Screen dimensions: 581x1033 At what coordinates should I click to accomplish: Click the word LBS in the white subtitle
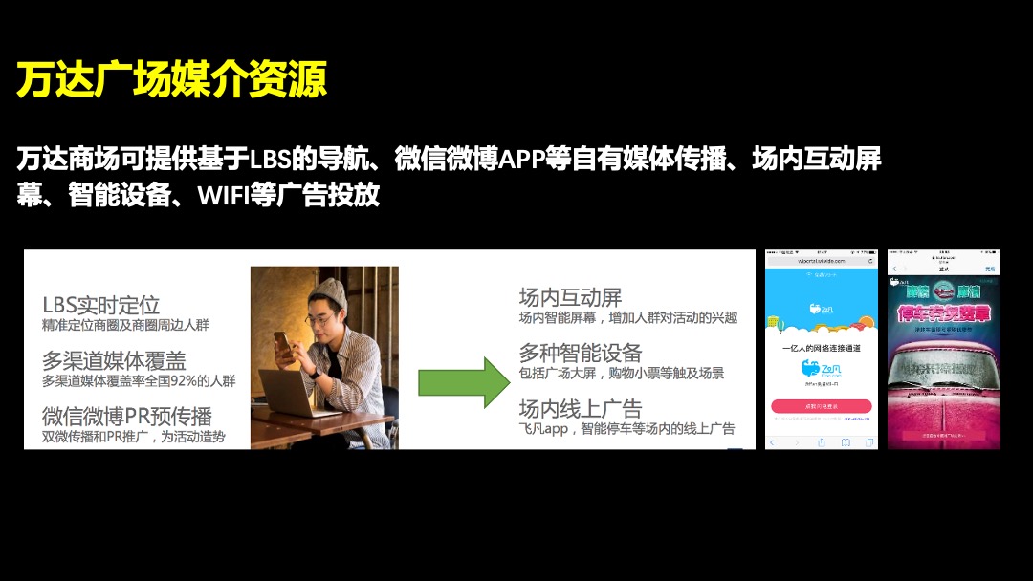click(x=270, y=159)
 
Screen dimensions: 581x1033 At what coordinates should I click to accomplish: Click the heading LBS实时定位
click(x=100, y=306)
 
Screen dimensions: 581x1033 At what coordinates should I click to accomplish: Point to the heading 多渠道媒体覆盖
click(x=114, y=361)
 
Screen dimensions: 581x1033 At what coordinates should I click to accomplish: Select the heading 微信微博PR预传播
click(x=127, y=417)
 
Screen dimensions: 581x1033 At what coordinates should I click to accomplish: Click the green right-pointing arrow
click(x=464, y=382)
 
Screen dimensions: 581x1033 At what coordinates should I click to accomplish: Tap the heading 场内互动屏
click(x=570, y=297)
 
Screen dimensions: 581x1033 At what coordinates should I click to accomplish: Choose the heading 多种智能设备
click(x=581, y=353)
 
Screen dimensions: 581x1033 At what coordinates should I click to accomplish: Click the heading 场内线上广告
click(x=581, y=408)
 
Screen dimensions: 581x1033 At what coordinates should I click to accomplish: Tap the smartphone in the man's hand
click(x=284, y=342)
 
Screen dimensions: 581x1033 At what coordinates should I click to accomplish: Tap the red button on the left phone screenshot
click(x=821, y=405)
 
